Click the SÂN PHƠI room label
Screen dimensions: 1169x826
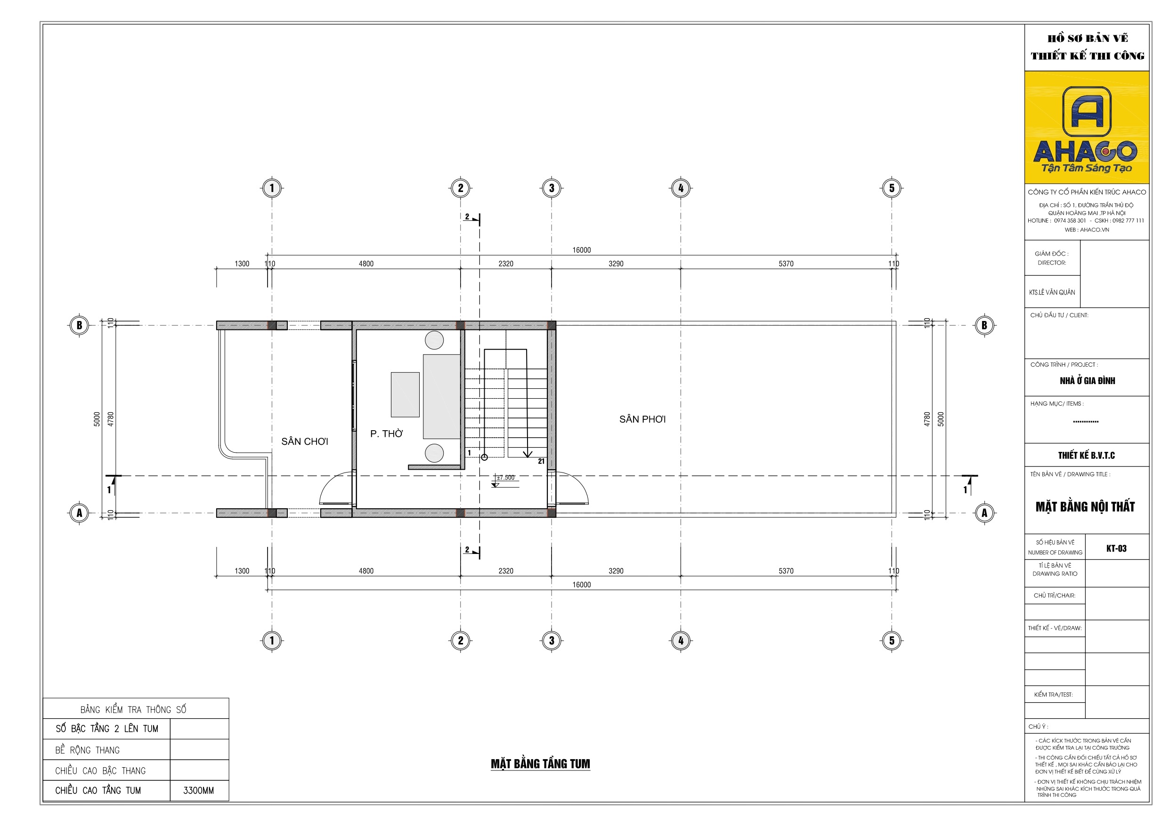642,419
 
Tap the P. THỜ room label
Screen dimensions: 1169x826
386,433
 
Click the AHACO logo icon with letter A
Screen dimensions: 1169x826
1087,112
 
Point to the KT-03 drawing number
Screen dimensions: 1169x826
1116,549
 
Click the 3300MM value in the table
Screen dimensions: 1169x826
199,790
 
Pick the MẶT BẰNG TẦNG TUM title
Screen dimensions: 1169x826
540,764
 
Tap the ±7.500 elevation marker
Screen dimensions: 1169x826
505,477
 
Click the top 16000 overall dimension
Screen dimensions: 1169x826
582,250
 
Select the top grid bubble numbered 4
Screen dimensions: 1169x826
681,188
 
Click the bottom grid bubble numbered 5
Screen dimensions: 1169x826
892,640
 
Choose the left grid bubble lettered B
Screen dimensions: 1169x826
79,325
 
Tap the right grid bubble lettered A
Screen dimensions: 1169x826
984,513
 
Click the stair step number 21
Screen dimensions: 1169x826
541,461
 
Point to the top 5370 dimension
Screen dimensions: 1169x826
786,264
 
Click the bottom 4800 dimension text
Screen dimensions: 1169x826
366,571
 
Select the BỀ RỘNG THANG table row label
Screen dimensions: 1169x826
88,750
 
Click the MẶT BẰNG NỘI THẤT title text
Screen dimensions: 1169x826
1085,506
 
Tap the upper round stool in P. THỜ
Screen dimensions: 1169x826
434,340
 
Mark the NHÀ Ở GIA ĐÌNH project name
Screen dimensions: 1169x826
1087,381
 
